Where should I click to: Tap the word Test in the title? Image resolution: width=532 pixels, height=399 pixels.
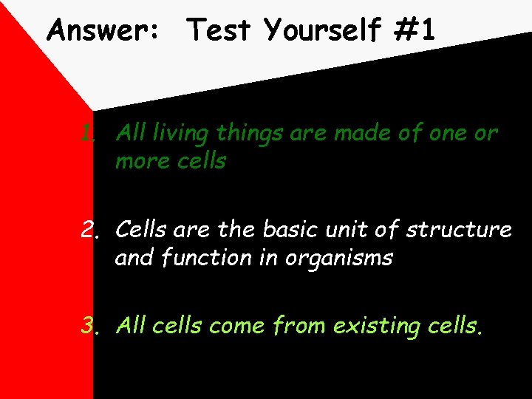coord(219,31)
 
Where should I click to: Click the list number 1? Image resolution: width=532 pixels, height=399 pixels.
coord(89,134)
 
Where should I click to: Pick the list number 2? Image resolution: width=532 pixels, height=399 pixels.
coord(92,230)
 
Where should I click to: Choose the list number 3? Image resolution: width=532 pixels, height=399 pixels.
coord(92,326)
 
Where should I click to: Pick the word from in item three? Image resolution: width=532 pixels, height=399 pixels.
coord(301,326)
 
